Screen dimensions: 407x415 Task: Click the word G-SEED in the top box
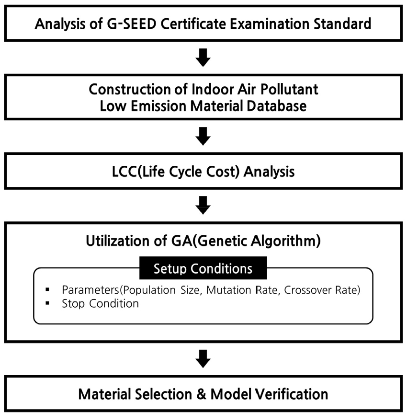[x=131, y=24]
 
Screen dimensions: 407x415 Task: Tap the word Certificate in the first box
[x=193, y=24]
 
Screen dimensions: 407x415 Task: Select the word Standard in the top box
[x=342, y=24]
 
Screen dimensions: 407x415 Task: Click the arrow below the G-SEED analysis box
[x=203, y=58]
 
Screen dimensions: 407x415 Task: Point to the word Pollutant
[x=289, y=89]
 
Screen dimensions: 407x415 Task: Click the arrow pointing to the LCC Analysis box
[x=203, y=136]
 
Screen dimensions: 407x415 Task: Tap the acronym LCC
[x=124, y=172]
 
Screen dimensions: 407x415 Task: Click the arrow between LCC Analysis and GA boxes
[x=203, y=205]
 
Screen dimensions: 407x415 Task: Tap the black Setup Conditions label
[x=203, y=268]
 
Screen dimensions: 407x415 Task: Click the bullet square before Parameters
[x=47, y=289]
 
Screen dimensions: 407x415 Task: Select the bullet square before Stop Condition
[x=47, y=303]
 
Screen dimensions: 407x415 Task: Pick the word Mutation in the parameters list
[x=229, y=290]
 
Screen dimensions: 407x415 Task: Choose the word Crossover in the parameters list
[x=308, y=290]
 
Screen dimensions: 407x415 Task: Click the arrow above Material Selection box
[x=203, y=359]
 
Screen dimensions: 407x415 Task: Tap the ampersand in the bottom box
[x=202, y=394]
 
